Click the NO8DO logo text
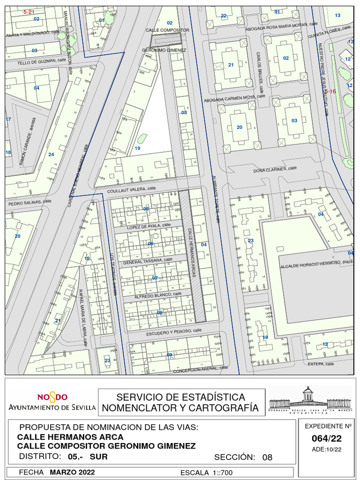pos(52,397)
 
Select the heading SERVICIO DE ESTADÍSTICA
pos(180,397)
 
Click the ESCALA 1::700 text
pos(206,472)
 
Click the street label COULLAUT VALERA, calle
pos(131,189)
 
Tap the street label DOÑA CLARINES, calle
pos(275,169)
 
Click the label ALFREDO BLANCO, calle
pos(157,295)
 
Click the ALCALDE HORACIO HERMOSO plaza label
pos(316,265)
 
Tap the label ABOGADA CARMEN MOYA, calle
pos(234,98)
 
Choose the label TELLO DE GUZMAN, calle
pos(41,61)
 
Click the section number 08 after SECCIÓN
pos(267,457)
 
